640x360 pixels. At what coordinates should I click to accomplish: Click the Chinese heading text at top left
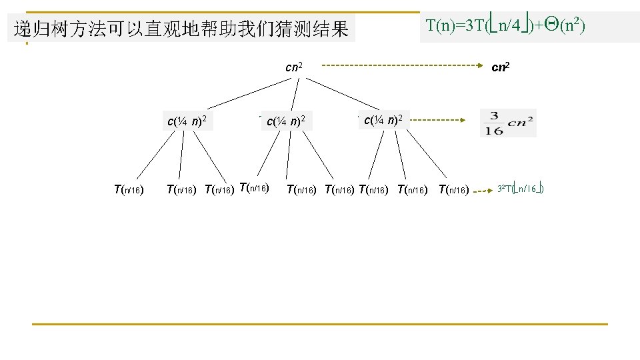(181, 29)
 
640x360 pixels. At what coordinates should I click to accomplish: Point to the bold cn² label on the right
(501, 67)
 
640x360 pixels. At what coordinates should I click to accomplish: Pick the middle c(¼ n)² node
(286, 121)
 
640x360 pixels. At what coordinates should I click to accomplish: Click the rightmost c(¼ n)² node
(383, 121)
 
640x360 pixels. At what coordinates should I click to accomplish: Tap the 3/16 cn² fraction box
(507, 123)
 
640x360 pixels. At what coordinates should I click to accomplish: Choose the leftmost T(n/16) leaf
(129, 190)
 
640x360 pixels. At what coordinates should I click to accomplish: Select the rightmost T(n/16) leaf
(453, 190)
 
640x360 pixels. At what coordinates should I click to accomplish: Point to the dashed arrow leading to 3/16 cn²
(437, 121)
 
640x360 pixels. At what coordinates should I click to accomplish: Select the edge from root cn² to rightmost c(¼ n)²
(343, 93)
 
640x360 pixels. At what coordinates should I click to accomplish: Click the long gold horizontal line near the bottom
(320, 324)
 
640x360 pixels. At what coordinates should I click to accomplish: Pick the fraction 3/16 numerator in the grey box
(494, 116)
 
